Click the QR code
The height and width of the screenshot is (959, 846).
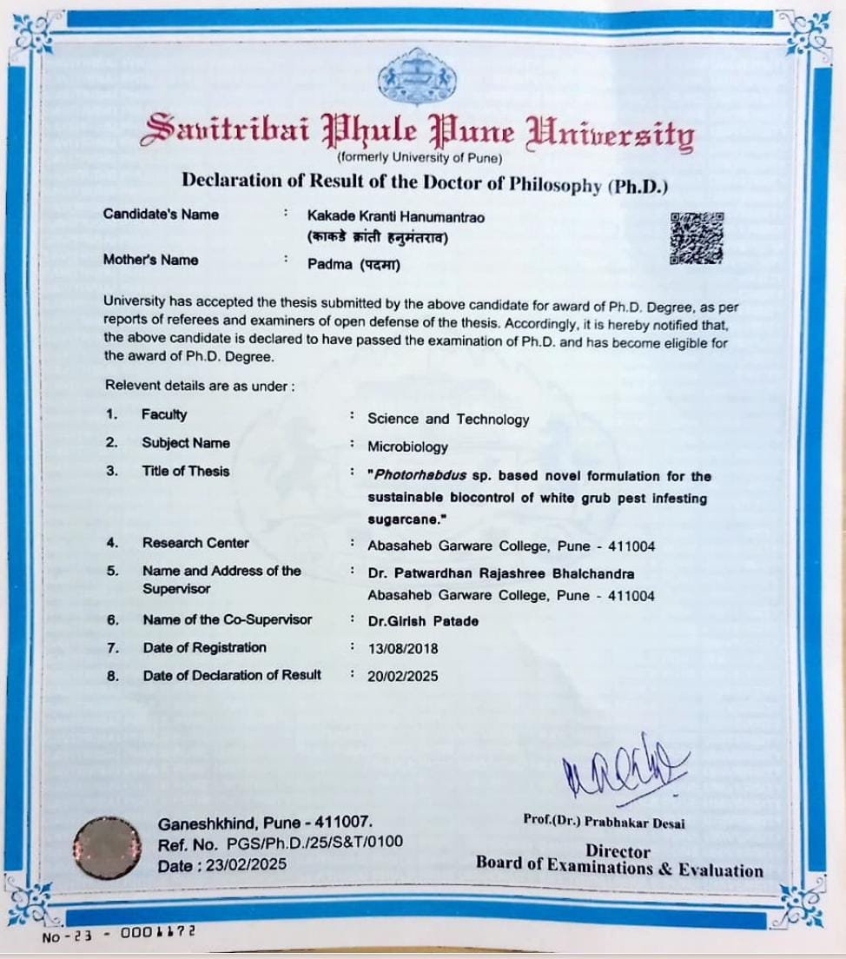click(697, 238)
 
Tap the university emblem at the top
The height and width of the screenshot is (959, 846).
click(417, 76)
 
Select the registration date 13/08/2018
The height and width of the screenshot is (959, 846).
click(403, 648)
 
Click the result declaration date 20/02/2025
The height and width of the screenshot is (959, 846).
click(403, 676)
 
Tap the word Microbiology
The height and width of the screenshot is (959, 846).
click(407, 447)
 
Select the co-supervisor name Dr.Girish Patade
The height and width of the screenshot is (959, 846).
click(423, 620)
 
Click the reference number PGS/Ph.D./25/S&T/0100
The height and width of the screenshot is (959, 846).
click(314, 842)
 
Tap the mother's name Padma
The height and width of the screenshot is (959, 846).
click(327, 266)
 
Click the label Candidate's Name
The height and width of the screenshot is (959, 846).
click(161, 215)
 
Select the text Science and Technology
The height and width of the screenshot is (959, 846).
click(448, 420)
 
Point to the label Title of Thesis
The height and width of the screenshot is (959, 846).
click(186, 471)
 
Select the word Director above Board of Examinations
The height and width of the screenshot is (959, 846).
click(618, 851)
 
